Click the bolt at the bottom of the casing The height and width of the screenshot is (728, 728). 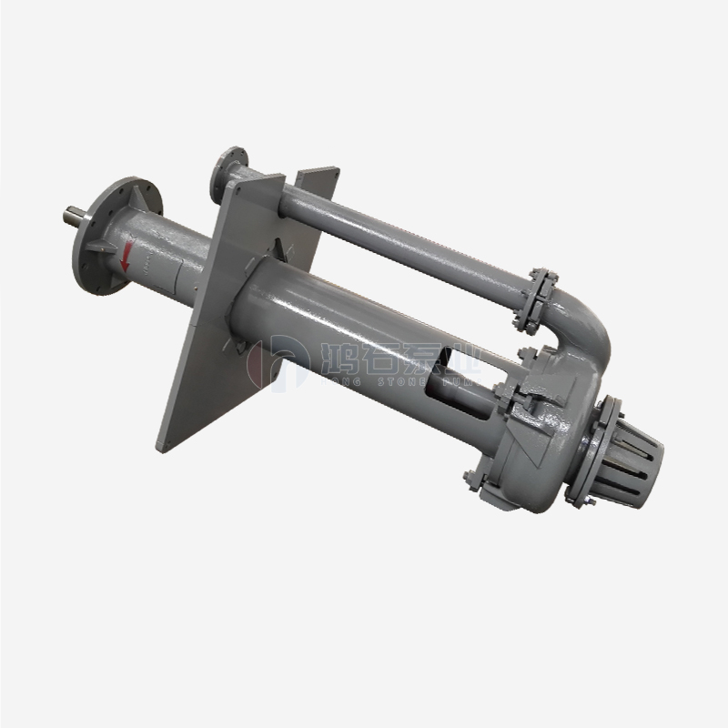pos(470,480)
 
